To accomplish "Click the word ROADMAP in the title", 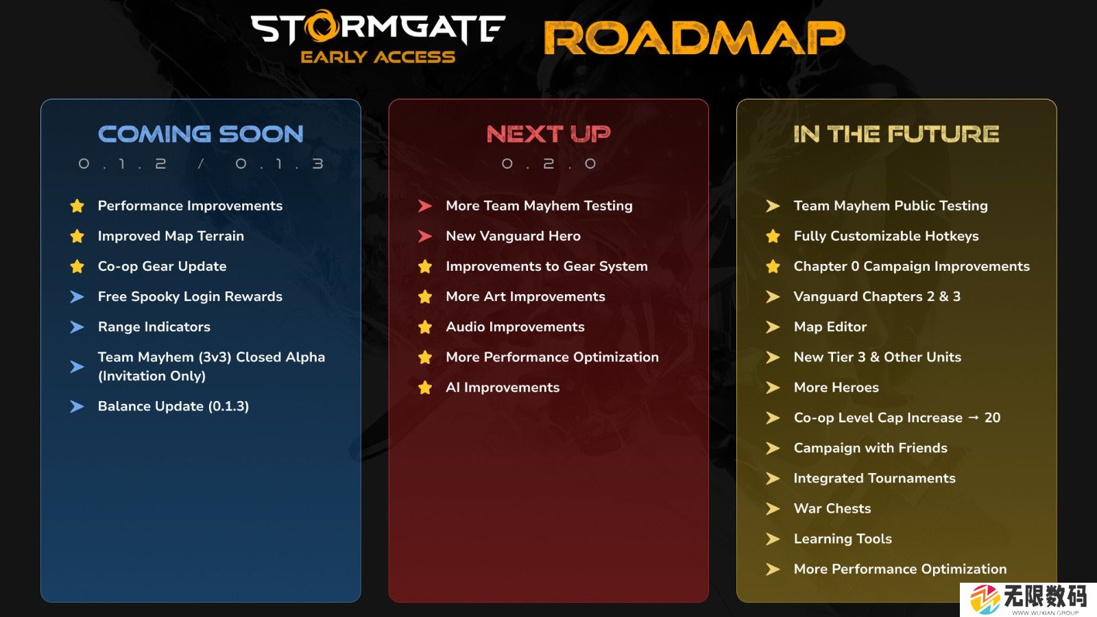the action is (695, 38).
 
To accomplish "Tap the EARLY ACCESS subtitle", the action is (378, 57).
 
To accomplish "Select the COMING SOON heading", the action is (201, 134).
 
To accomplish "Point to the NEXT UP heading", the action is (548, 134).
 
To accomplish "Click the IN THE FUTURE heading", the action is (896, 134).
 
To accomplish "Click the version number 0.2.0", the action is (548, 164).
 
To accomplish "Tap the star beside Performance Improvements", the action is (77, 206).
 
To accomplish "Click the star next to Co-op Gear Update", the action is (77, 267).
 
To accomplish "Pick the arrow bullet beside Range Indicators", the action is (77, 326).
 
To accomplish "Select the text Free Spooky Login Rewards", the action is (190, 297).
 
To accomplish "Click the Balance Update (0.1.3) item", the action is (173, 407).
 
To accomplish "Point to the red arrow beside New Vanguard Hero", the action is (425, 236).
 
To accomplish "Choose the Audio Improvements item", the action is (515, 326).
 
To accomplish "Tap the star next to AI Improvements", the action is (425, 387).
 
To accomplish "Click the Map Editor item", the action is (830, 326).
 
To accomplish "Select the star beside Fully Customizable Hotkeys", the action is (773, 236).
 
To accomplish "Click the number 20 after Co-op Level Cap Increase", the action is (992, 418).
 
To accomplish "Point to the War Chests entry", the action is (832, 508).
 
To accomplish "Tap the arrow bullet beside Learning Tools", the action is (773, 539).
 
